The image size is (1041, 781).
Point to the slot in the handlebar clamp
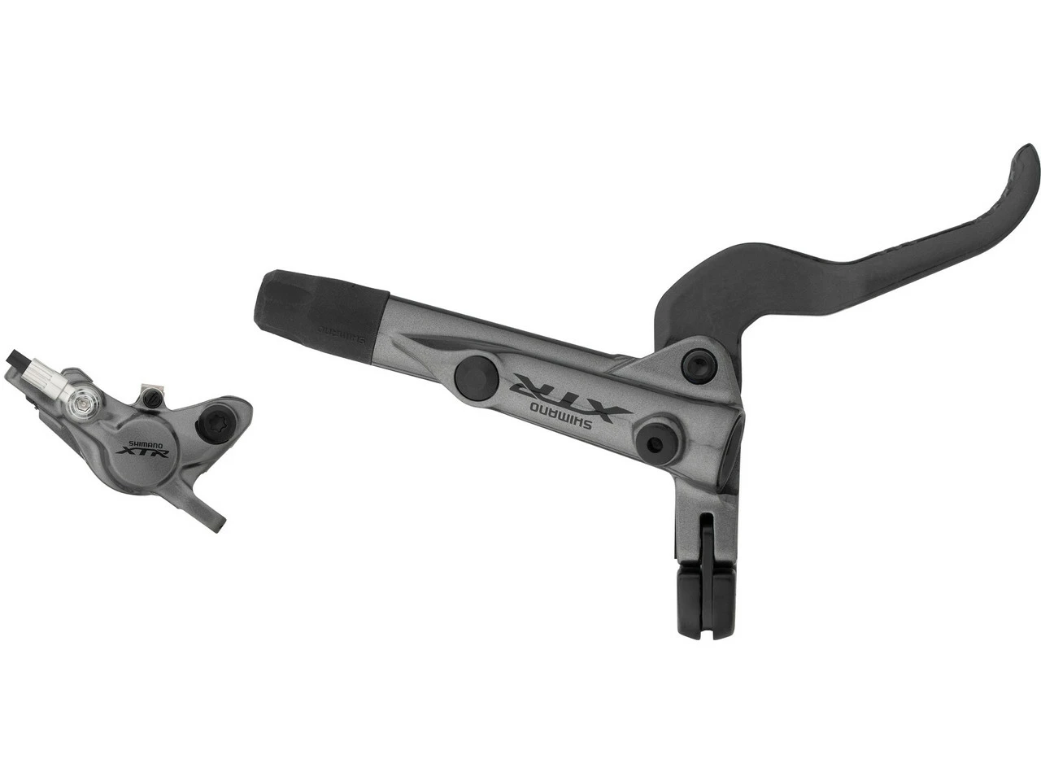(706, 529)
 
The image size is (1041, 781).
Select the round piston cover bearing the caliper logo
(138, 456)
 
